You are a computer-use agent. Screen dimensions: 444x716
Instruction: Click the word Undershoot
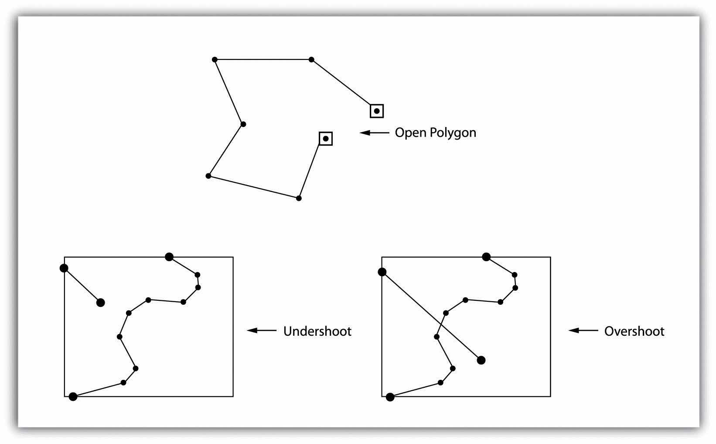(317, 331)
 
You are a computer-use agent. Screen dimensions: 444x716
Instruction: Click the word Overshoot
(634, 331)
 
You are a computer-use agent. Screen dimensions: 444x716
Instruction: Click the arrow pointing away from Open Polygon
(374, 133)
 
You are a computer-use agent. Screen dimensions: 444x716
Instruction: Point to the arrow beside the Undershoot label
(262, 330)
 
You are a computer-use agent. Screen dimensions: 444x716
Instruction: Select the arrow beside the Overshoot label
(583, 330)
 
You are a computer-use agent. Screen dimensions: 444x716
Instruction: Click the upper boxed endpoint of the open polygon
(377, 111)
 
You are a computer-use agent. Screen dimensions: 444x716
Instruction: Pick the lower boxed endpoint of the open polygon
(326, 139)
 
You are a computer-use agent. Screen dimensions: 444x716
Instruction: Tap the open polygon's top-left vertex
(215, 59)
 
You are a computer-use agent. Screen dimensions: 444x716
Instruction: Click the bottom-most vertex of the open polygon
(299, 198)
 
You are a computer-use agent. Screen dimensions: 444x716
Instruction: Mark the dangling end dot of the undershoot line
(101, 303)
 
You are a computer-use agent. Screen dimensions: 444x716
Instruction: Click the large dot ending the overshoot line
(481, 360)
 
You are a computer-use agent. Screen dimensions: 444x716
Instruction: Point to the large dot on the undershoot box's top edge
(169, 257)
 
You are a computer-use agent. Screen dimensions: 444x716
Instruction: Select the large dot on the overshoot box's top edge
(486, 257)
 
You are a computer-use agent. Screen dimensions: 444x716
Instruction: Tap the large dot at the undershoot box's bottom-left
(73, 396)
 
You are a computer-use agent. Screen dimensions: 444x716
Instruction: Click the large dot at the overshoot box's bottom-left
(390, 397)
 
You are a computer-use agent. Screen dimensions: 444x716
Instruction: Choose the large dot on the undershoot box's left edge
(64, 268)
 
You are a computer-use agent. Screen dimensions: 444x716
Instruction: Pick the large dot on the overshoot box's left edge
(382, 272)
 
